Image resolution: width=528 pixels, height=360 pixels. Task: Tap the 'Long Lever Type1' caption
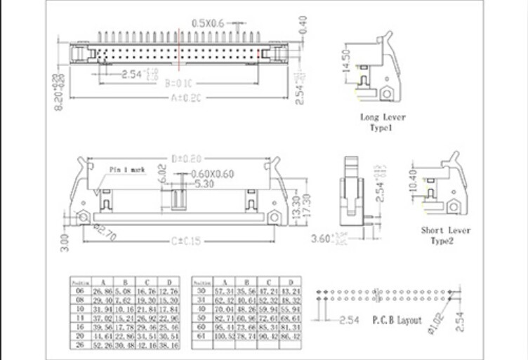pos(383,122)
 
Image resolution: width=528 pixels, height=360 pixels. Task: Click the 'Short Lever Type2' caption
pos(446,235)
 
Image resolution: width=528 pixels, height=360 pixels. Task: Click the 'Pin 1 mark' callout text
pos(127,169)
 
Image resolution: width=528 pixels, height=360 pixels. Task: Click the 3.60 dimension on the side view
pos(320,239)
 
